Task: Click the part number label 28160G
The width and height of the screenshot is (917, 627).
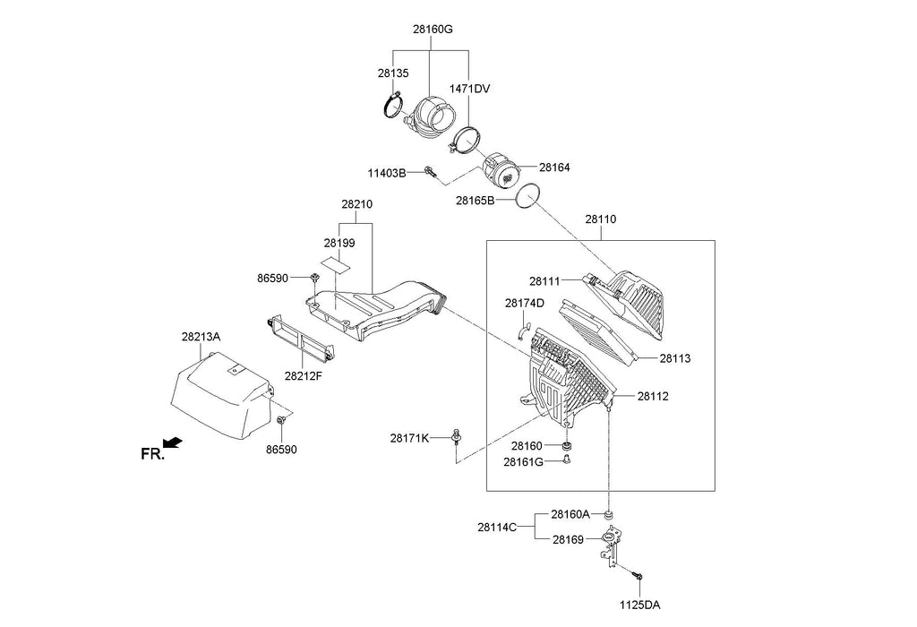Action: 433,29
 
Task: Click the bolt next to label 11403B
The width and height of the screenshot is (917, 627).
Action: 432,172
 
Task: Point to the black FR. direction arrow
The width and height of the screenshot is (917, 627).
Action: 173,442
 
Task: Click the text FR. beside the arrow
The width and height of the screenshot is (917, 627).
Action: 152,454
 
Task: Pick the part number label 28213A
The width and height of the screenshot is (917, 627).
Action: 201,337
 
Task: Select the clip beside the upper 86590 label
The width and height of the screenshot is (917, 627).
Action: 315,277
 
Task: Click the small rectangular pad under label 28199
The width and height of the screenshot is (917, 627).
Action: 337,263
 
